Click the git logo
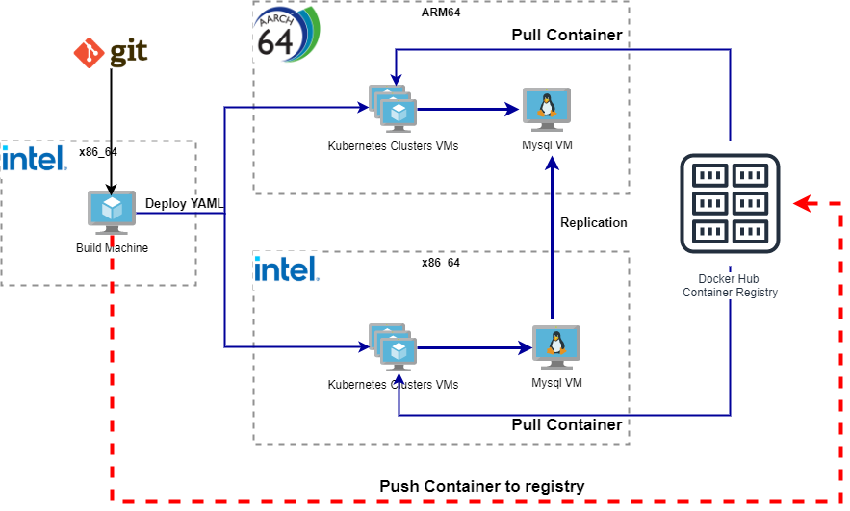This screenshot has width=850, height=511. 111,53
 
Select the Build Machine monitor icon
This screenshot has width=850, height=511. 112,212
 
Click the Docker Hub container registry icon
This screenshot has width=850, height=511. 730,203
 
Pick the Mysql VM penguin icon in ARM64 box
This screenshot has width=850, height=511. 547,110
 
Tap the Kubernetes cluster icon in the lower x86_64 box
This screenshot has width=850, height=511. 392,348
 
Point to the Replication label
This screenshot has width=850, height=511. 594,222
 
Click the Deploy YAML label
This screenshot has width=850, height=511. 184,203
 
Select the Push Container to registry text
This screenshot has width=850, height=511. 481,486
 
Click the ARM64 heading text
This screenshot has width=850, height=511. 441,13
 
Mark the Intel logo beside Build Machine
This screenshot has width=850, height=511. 35,158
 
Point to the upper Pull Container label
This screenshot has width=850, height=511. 566,36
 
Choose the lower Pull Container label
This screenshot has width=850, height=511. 566,424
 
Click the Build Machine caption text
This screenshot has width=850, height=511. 112,248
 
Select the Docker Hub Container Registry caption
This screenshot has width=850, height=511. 730,286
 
